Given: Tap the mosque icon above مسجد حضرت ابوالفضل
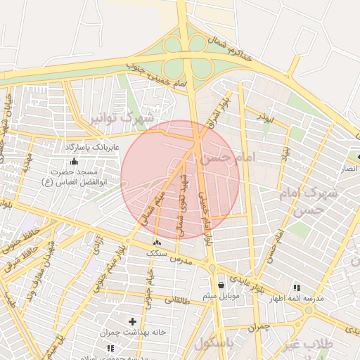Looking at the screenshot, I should (75, 162).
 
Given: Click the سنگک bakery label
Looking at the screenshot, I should (156, 252).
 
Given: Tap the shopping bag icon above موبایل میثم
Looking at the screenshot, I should (222, 285).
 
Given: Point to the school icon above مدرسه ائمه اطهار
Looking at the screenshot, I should (296, 288).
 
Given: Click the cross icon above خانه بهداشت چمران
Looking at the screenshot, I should (132, 321).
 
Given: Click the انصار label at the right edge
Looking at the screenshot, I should (349, 169).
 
